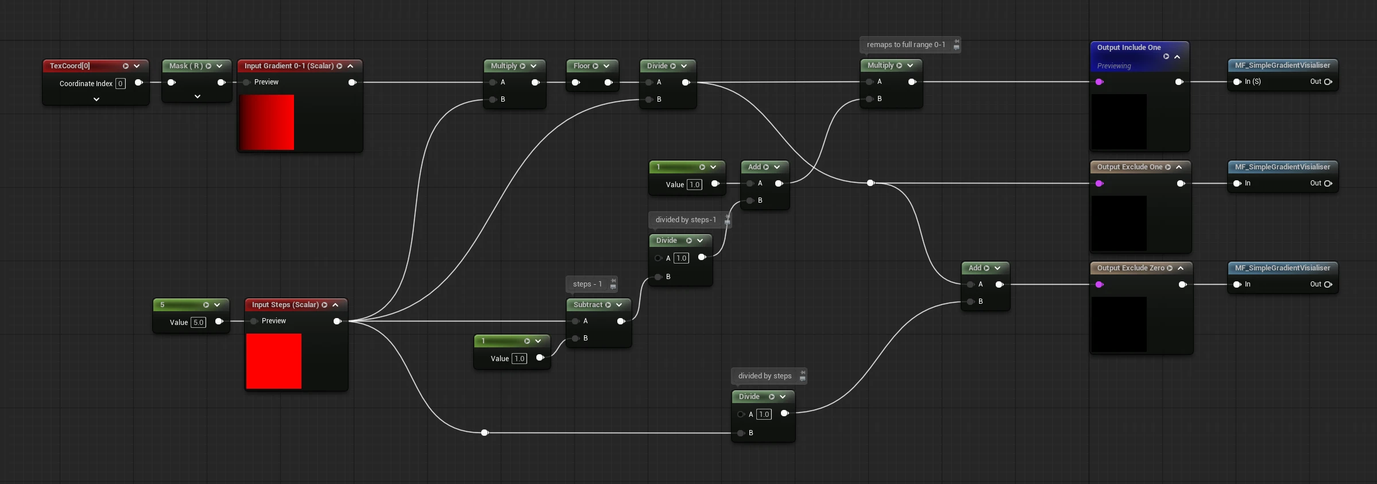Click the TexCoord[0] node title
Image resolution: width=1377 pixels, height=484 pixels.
(69, 66)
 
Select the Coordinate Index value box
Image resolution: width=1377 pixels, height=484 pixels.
(121, 84)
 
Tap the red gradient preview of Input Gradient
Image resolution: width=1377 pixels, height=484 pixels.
(266, 122)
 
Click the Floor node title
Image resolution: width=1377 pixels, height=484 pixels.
(582, 66)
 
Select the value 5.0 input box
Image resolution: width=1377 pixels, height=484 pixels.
(198, 323)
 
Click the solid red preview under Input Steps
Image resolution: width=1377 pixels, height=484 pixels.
(274, 361)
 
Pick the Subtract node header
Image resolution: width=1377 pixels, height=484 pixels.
(598, 305)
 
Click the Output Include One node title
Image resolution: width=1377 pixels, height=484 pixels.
(1129, 48)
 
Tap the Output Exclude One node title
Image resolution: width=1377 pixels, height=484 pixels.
(1130, 167)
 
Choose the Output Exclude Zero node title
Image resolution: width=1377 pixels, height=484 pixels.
(1131, 268)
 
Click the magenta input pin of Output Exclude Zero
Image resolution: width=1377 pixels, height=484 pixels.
(1099, 285)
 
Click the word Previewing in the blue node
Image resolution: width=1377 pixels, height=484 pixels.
(1114, 66)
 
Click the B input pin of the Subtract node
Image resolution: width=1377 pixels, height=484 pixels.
(575, 338)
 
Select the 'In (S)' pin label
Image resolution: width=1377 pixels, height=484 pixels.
(1252, 82)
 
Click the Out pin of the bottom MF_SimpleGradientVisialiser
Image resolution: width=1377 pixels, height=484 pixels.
(1328, 284)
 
